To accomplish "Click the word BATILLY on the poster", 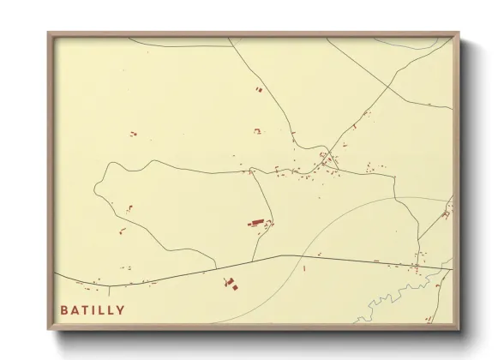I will [x=93, y=310].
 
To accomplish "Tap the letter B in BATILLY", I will [x=64, y=310].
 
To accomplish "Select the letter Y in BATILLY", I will [x=121, y=310].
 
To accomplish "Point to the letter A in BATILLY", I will [x=75, y=310].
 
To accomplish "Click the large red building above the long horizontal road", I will [x=255, y=223].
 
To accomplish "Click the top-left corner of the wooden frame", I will [x=49, y=33].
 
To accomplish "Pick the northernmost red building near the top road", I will [x=257, y=88].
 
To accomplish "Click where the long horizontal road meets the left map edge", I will [x=55, y=275].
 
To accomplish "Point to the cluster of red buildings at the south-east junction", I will [x=419, y=265].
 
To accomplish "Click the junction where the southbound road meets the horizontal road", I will [x=254, y=260].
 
